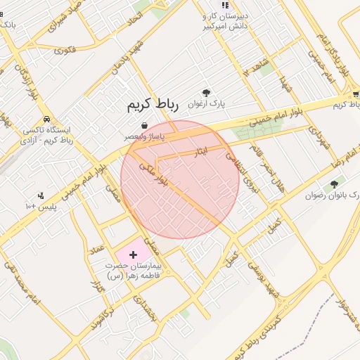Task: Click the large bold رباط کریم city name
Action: [x=153, y=105]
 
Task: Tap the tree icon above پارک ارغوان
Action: [x=206, y=93]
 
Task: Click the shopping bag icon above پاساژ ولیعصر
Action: [x=144, y=125]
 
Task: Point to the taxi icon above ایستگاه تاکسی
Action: [x=46, y=120]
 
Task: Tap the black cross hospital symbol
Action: [x=134, y=252]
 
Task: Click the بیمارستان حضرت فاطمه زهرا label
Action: [x=134, y=271]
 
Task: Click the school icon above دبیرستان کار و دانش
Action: [x=224, y=5]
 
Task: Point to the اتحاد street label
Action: [x=134, y=25]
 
